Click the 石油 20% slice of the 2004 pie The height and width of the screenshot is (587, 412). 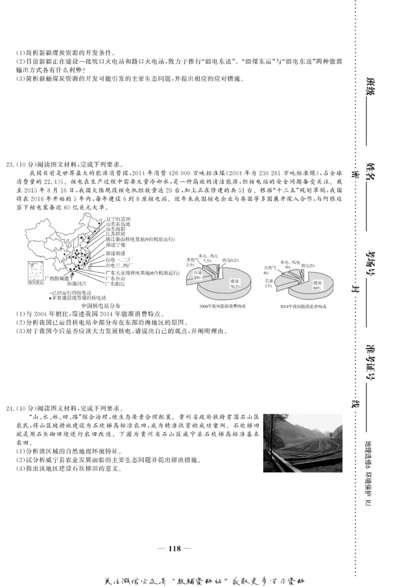[x=198, y=275]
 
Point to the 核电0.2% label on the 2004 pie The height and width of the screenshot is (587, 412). [x=231, y=260]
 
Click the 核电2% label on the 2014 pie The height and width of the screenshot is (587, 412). [x=307, y=265]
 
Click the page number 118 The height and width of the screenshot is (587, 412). [x=175, y=548]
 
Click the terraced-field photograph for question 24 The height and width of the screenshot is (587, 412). [x=303, y=443]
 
